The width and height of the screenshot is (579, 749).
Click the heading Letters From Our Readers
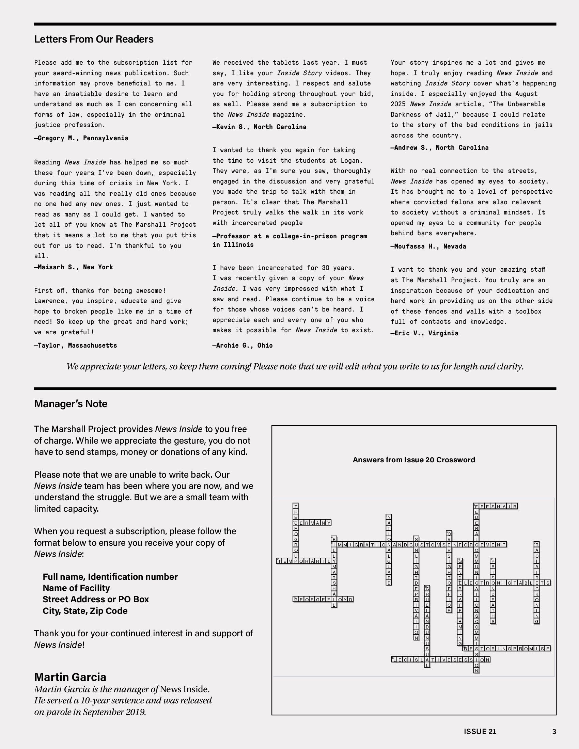[94, 39]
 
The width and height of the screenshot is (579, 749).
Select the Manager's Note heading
[71, 404]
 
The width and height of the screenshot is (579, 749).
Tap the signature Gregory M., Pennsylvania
[81, 138]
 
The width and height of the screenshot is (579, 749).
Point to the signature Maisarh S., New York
[74, 267]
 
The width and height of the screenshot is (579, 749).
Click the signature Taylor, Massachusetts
[76, 345]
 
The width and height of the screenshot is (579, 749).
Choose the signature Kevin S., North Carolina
[260, 127]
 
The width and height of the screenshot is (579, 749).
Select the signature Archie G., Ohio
[243, 345]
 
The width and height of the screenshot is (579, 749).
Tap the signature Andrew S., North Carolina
[440, 148]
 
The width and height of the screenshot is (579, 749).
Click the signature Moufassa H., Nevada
[428, 246]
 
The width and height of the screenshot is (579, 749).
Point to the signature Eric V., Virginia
[425, 333]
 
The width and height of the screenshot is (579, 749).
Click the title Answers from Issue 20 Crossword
[414, 460]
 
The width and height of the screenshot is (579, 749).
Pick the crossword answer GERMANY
[312, 523]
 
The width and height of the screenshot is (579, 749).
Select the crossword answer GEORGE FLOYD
[323, 599]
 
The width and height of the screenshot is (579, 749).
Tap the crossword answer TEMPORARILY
[304, 561]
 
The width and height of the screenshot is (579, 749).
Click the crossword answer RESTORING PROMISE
[507, 649]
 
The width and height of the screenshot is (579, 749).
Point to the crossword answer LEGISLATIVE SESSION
[441, 659]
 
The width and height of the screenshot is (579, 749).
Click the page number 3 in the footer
[554, 732]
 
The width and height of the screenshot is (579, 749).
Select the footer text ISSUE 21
[480, 732]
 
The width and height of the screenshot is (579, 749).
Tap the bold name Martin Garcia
[70, 677]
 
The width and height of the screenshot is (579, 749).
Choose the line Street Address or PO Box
[96, 599]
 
